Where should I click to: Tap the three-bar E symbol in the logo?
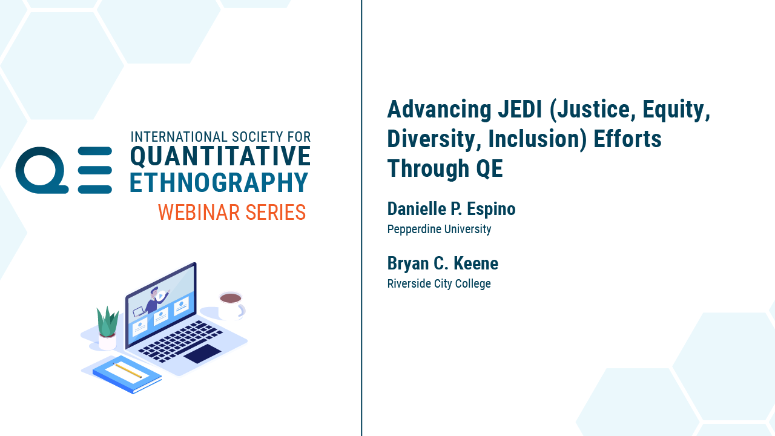(x=95, y=170)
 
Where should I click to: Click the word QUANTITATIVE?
(x=220, y=156)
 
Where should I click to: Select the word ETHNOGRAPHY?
(x=219, y=182)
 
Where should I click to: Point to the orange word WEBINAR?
(x=199, y=212)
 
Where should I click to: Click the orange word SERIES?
(x=275, y=212)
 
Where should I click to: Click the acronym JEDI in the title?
(x=519, y=110)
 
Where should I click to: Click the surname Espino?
(x=491, y=209)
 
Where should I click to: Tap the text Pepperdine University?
(x=439, y=229)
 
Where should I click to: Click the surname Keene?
(x=476, y=263)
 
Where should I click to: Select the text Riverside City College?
(x=439, y=284)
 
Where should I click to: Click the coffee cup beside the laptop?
(x=232, y=306)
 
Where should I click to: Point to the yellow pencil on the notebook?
(x=127, y=370)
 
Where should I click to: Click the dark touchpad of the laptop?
(x=202, y=354)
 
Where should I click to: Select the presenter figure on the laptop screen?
(x=153, y=301)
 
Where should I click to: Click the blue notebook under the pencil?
(x=127, y=374)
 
